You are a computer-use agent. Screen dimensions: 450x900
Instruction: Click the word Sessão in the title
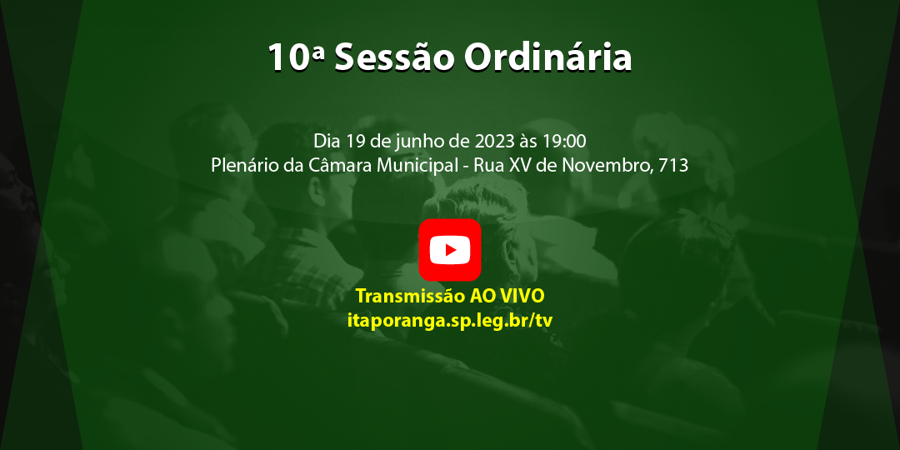(x=395, y=57)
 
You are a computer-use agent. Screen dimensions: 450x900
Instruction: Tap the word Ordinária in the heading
(x=547, y=57)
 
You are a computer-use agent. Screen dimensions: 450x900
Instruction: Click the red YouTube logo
(x=450, y=250)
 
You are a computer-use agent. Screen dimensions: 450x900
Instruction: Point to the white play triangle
(x=451, y=250)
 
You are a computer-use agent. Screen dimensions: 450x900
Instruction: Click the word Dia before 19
(x=328, y=140)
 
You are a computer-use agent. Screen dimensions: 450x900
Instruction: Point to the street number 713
(x=673, y=165)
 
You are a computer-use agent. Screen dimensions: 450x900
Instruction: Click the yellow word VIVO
(x=522, y=297)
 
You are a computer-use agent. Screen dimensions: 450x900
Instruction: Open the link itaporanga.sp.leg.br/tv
(x=450, y=320)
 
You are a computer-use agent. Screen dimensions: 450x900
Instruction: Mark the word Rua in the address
(x=488, y=165)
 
